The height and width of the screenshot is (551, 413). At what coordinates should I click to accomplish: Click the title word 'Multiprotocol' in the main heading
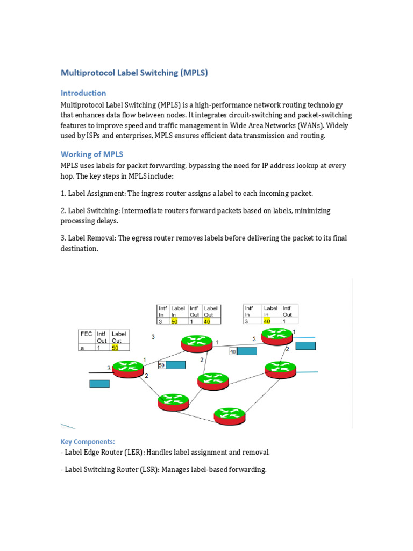tap(87, 73)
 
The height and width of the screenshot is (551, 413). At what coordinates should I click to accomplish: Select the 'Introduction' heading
tap(83, 93)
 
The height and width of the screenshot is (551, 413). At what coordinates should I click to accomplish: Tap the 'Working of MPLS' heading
tap(92, 154)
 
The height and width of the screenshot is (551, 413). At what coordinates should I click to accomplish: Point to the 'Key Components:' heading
tap(88, 442)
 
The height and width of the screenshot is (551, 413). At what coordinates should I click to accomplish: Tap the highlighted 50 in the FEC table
tap(115, 348)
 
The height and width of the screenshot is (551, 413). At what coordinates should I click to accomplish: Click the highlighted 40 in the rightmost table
tap(267, 321)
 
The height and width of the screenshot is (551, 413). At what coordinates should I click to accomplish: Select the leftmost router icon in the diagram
tap(128, 368)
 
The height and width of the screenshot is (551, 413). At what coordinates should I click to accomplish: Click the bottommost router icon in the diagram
tap(230, 415)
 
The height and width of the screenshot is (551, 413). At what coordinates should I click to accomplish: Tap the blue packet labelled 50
tap(176, 365)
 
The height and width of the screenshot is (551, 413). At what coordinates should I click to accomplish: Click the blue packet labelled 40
tap(247, 351)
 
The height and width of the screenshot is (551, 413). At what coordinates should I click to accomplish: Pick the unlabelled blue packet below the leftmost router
tap(99, 384)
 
